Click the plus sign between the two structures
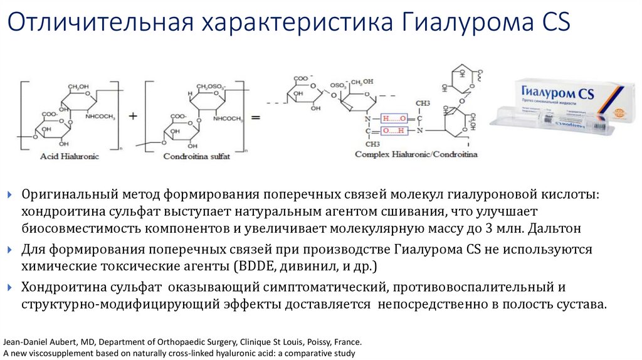tap(132, 117)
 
